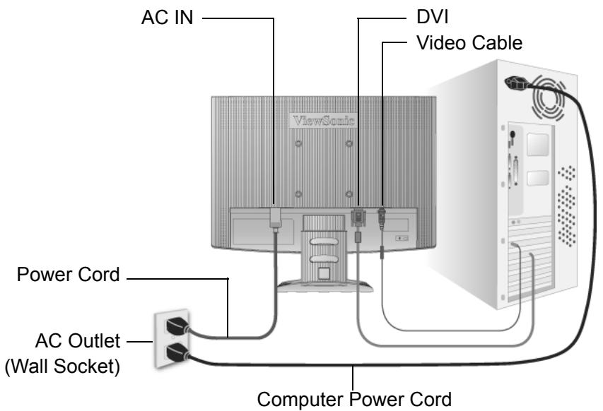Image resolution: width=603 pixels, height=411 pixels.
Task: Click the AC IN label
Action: point(167,17)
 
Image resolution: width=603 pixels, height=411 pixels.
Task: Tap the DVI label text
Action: point(432,17)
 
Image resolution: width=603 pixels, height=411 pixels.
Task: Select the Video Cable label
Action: point(469,42)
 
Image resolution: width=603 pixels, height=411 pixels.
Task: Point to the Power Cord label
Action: point(68,275)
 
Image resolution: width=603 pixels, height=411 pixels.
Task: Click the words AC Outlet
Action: point(78,340)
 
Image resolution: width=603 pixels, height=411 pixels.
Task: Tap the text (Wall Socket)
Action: point(62,366)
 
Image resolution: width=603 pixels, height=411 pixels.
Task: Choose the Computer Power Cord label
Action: point(354,399)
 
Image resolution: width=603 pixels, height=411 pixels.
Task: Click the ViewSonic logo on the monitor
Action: point(323,121)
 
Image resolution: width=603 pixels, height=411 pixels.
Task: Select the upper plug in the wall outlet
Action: point(177,326)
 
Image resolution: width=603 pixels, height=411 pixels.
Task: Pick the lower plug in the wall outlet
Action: point(177,352)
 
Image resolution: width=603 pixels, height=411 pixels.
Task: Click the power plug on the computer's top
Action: point(517,83)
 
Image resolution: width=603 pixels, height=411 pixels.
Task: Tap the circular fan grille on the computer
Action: point(549,98)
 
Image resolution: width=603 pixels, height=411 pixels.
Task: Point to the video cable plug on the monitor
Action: point(382,218)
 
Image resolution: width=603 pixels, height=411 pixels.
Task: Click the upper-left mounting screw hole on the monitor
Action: point(298,143)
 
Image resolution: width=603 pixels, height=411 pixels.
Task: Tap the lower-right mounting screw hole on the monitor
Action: point(349,194)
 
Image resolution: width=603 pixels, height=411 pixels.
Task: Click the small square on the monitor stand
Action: point(324,273)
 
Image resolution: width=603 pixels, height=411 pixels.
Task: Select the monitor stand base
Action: point(325,286)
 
